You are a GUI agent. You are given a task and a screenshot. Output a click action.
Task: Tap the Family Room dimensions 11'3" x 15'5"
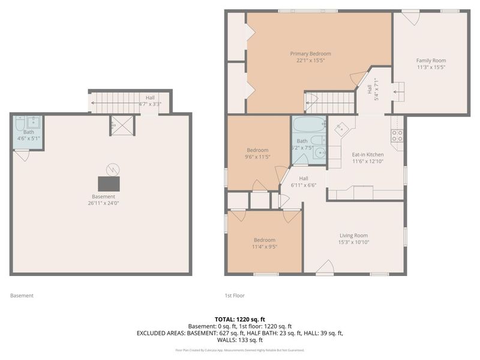pyautogui.click(x=431, y=68)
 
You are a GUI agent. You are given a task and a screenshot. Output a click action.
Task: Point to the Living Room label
pyautogui.click(x=353, y=235)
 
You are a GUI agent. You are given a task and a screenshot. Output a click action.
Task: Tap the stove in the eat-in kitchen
pyautogui.click(x=397, y=136)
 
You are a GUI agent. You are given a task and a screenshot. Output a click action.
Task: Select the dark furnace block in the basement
pyautogui.click(x=108, y=183)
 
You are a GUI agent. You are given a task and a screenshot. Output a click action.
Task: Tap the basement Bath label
pyautogui.click(x=28, y=132)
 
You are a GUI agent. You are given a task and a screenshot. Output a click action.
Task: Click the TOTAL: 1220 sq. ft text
pyautogui.click(x=239, y=319)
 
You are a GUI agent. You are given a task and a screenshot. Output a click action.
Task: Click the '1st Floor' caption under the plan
pyautogui.click(x=235, y=295)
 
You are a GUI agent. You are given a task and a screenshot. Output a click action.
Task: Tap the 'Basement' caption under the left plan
pyautogui.click(x=22, y=295)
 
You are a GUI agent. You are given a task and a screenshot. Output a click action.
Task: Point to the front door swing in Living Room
pyautogui.click(x=326, y=268)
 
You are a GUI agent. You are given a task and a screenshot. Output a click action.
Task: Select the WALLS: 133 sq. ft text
pyautogui.click(x=239, y=340)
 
